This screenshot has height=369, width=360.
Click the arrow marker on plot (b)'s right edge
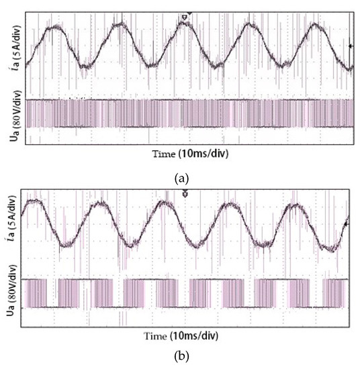click(x=347, y=223)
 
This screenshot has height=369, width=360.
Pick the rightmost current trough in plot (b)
click(x=328, y=248)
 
